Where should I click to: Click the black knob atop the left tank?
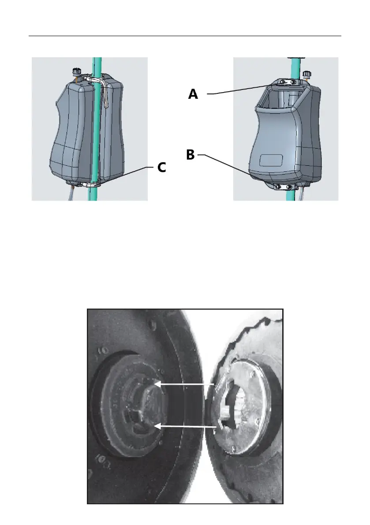tap(76, 71)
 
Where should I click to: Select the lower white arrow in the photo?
tap(186, 426)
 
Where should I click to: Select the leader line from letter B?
tap(225, 166)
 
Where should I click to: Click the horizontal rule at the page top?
tap(185, 36)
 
